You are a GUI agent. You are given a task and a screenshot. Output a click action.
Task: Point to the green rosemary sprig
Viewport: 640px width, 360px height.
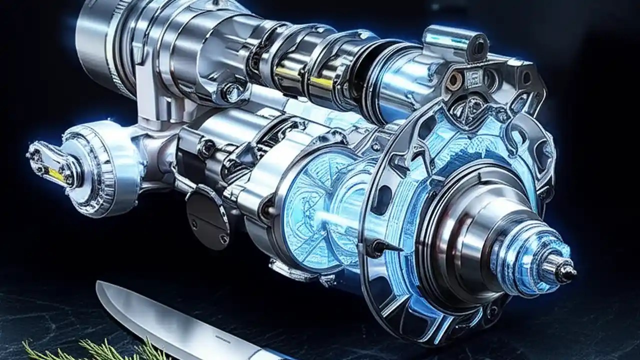[x=90, y=349]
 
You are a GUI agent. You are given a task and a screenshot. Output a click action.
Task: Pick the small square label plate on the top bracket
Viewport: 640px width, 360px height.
[x=473, y=77]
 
